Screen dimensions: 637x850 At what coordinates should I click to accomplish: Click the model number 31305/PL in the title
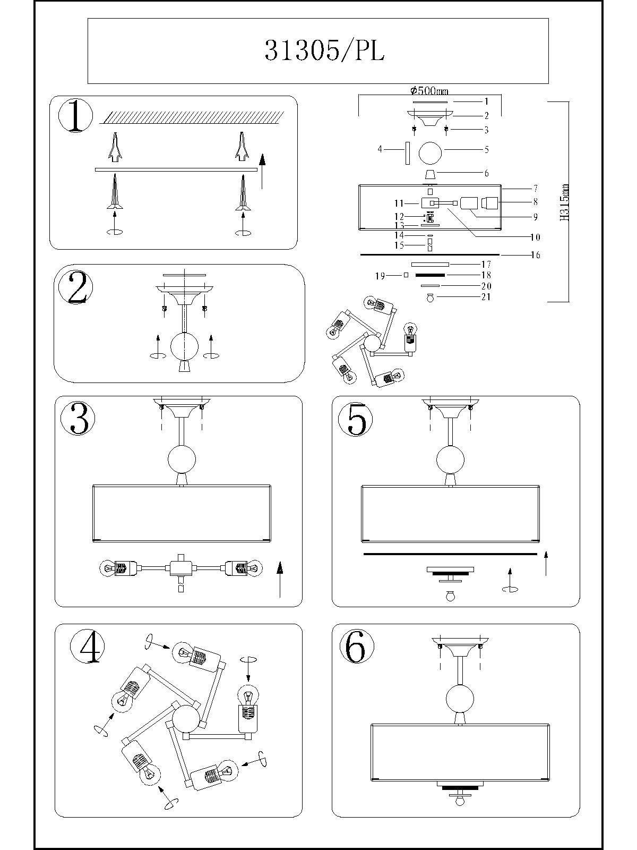(x=324, y=50)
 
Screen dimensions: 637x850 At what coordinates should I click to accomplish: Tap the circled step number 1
(x=75, y=116)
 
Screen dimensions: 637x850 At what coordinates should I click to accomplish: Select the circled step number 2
(x=75, y=287)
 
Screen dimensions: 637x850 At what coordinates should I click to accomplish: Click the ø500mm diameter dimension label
(x=429, y=91)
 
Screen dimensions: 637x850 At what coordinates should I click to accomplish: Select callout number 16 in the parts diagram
(x=536, y=255)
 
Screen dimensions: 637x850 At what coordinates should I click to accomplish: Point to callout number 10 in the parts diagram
(x=536, y=237)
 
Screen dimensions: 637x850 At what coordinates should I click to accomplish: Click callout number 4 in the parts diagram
(x=380, y=149)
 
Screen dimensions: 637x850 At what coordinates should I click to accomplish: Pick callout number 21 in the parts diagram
(x=486, y=297)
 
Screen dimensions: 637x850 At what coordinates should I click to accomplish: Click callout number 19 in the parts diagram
(x=380, y=276)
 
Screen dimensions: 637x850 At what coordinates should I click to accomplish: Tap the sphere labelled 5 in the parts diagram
(x=430, y=152)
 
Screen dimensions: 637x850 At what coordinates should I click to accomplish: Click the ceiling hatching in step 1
(x=192, y=117)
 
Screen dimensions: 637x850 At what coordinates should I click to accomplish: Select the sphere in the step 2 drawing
(x=185, y=346)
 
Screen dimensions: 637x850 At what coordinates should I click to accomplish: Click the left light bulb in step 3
(x=107, y=569)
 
